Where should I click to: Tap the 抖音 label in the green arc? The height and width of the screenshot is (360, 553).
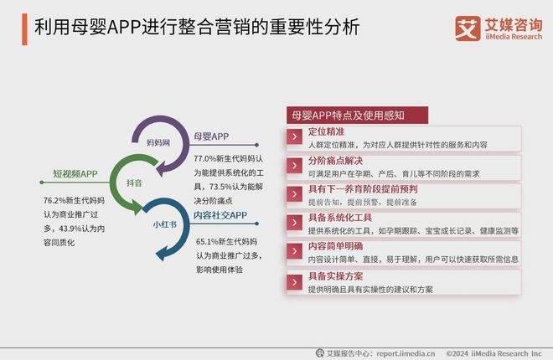[x=134, y=182]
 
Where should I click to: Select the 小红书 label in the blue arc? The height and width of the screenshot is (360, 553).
[x=163, y=224]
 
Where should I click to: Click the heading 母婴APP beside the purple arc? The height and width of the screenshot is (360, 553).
[x=211, y=136]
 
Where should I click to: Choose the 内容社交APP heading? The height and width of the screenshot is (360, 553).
[x=220, y=216]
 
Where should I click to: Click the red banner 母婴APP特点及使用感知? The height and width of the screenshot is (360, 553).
[x=357, y=116]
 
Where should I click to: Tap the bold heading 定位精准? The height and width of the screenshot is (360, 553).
[x=326, y=132]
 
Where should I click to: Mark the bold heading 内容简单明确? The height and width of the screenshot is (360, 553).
[x=335, y=247]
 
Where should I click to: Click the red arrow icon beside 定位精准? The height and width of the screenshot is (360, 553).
[x=294, y=138]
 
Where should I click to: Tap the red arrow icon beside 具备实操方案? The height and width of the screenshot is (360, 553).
[x=294, y=281]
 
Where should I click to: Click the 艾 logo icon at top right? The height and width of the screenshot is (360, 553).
[x=468, y=27]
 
